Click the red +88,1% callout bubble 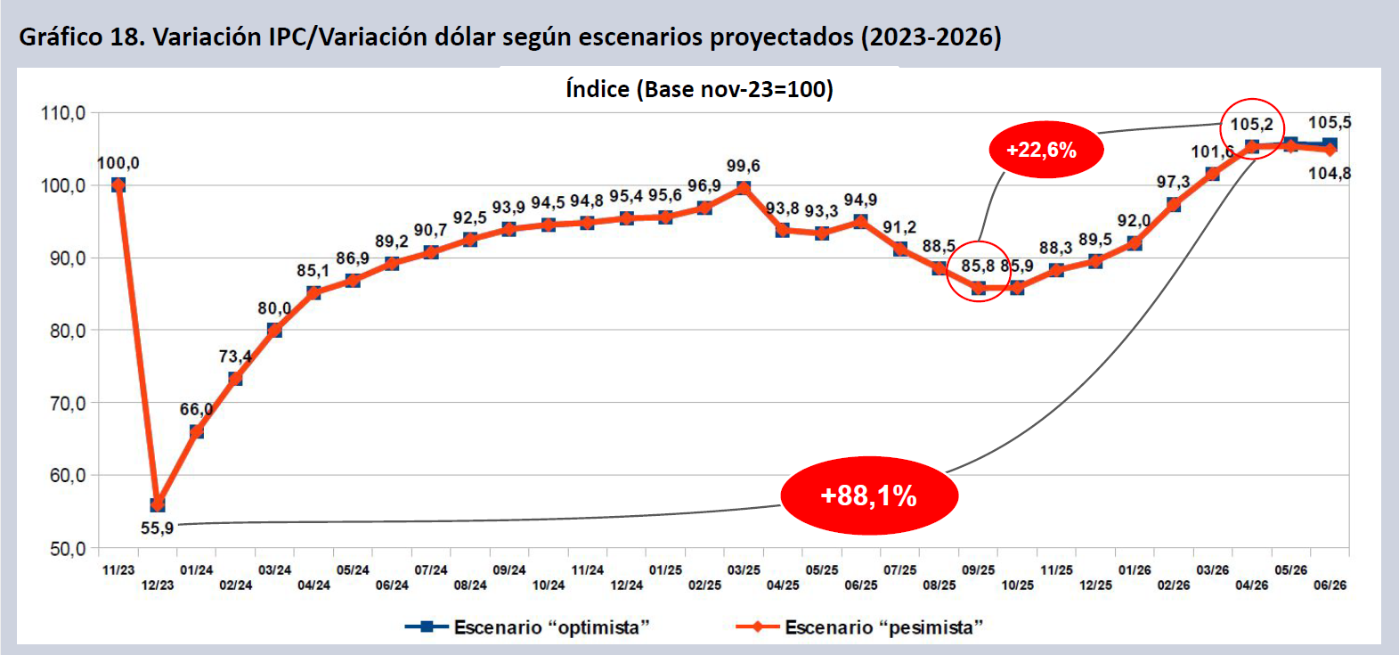(x=868, y=495)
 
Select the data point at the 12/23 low (x=158, y=505)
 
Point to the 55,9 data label (x=157, y=528)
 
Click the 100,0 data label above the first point (x=118, y=163)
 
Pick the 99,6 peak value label (x=743, y=166)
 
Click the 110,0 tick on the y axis (x=63, y=113)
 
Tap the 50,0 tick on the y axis (x=67, y=548)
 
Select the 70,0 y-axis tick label (x=67, y=403)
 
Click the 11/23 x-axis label (x=118, y=570)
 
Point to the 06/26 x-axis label (x=1330, y=585)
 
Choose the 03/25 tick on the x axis (x=744, y=570)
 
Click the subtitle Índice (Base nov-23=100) (x=699, y=89)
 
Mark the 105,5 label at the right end (x=1329, y=123)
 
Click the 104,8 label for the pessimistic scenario (x=1329, y=173)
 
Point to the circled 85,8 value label (x=977, y=266)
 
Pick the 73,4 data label (x=235, y=356)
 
